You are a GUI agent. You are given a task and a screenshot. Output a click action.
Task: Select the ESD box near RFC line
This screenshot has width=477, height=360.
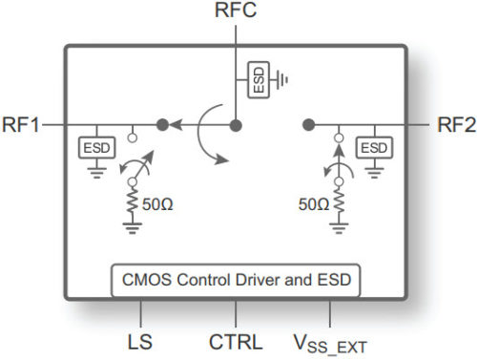coord(258,79)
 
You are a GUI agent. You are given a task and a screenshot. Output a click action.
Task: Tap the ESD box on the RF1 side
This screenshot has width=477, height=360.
coord(96,148)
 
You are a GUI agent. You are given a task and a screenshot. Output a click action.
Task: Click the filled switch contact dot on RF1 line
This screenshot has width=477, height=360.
coord(163,124)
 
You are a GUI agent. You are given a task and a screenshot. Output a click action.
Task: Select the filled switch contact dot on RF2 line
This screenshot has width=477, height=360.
coord(308,124)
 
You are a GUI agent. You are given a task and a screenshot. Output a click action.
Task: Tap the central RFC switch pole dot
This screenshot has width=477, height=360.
coord(236,124)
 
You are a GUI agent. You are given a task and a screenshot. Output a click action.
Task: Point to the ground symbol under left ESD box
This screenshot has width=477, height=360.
coord(96,172)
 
